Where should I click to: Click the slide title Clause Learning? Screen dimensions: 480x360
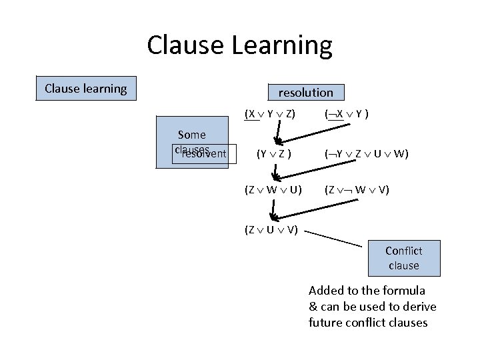coord(239,45)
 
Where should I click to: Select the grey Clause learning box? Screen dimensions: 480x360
coord(86,88)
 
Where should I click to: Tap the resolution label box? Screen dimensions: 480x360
coord(305,92)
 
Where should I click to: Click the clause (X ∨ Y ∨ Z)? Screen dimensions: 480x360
coord(270,113)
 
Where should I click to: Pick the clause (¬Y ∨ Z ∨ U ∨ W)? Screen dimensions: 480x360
coord(366,154)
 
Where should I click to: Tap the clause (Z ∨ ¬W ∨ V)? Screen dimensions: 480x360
coord(357,190)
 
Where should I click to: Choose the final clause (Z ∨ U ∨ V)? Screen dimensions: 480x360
coord(271,231)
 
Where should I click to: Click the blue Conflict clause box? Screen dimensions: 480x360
coord(404,258)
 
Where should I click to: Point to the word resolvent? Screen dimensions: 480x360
coord(204,154)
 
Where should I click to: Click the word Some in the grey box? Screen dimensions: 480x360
coord(192,135)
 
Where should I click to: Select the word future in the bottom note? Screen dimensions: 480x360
coord(325,323)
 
